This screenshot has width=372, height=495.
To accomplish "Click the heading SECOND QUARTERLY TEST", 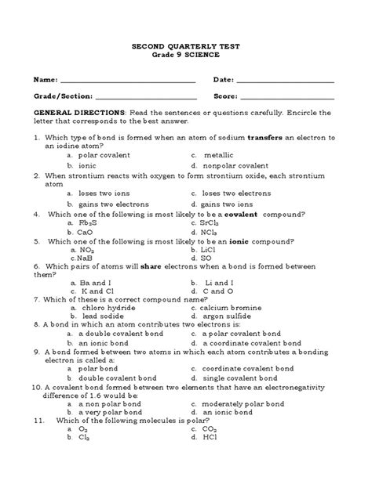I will [x=185, y=47].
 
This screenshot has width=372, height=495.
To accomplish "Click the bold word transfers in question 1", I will [x=269, y=137].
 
